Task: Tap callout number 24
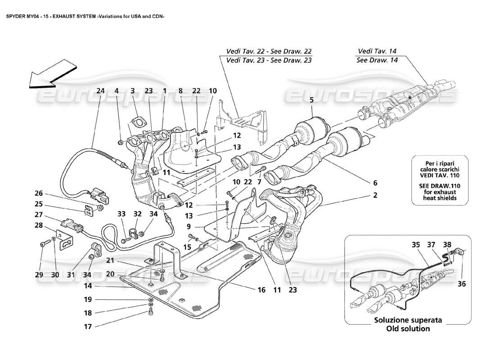[x=100, y=90]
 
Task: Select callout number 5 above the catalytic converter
[x=310, y=101]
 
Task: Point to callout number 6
[x=375, y=183]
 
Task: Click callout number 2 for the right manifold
[x=375, y=196]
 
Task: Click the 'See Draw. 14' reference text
[x=376, y=60]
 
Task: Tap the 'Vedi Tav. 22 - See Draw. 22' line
[x=269, y=51]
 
